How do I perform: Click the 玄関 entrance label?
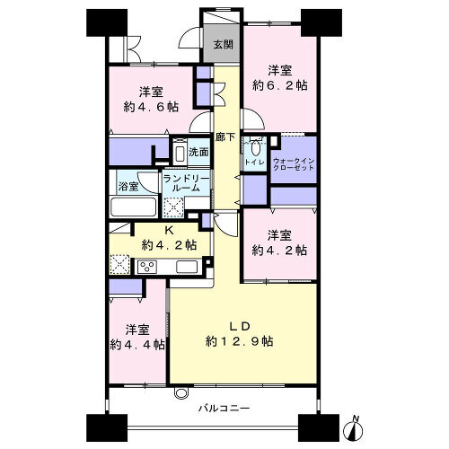pos(223,45)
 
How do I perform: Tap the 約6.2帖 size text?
pos(280,86)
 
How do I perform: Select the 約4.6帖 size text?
pos(151,107)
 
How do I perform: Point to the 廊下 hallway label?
pos(225,137)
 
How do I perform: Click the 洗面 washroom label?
pos(198,152)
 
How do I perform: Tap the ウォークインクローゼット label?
pos(294,164)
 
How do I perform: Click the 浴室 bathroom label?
pos(128,187)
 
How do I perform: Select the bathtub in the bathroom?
pos(134,207)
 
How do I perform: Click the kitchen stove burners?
pos(147,267)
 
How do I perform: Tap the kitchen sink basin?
pos(187,267)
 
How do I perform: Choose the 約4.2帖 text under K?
pos(169,245)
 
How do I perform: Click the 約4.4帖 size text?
pos(137,345)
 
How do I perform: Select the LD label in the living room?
pos(240,326)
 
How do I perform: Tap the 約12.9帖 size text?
pos(240,341)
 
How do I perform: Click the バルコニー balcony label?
pos(224,408)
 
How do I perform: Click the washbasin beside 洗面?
pos(180,153)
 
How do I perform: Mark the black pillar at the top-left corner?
pos(107,22)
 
